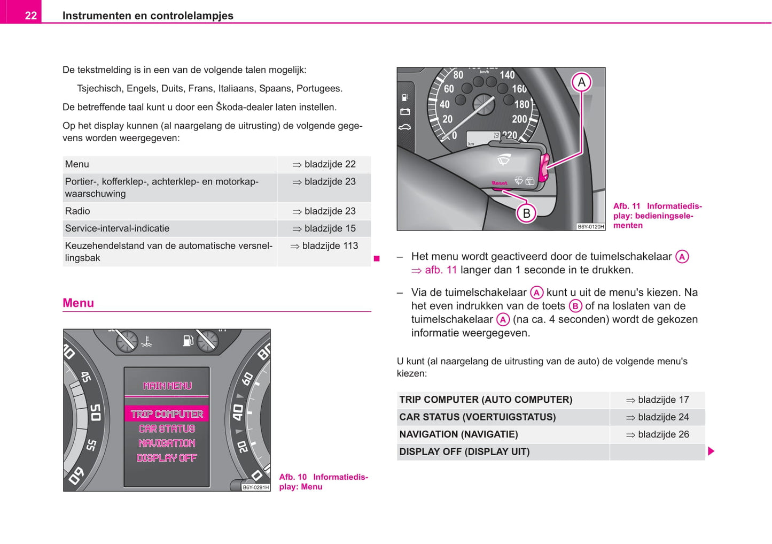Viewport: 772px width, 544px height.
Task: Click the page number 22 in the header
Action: pos(31,16)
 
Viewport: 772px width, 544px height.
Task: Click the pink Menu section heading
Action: pos(79,303)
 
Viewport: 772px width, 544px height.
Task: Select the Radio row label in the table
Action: pos(77,211)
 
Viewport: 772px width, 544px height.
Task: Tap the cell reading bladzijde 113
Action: pos(324,246)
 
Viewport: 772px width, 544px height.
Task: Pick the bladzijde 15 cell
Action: pos(324,228)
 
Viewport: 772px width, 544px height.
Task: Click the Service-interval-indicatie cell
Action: pos(117,228)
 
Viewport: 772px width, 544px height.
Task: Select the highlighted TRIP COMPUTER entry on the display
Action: pos(167,414)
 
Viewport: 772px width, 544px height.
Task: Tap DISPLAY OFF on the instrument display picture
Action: pos(167,458)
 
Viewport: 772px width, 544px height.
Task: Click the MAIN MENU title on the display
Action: pos(167,386)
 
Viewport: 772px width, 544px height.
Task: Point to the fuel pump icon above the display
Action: pos(188,340)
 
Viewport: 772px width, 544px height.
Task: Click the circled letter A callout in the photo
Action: pos(581,82)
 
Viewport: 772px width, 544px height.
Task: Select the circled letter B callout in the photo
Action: pos(526,213)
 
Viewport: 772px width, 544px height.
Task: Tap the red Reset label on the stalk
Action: pos(500,183)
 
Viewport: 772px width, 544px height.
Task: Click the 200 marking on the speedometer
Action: pos(519,119)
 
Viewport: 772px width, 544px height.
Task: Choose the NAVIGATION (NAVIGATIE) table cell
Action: pos(458,434)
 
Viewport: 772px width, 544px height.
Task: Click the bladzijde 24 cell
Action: pos(658,417)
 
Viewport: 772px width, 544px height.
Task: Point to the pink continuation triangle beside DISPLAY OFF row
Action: pos(711,451)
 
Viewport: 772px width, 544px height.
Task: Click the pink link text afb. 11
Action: pos(441,270)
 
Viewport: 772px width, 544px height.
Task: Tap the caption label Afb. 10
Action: pos(293,477)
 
